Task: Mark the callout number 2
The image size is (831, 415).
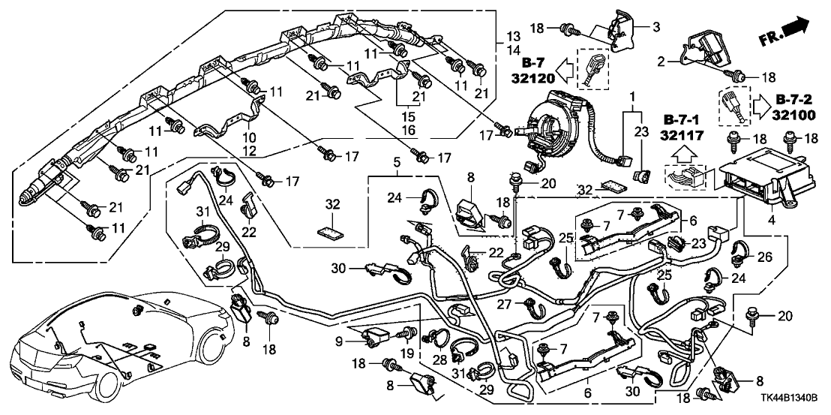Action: (661, 63)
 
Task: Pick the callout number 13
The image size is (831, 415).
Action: (513, 36)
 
